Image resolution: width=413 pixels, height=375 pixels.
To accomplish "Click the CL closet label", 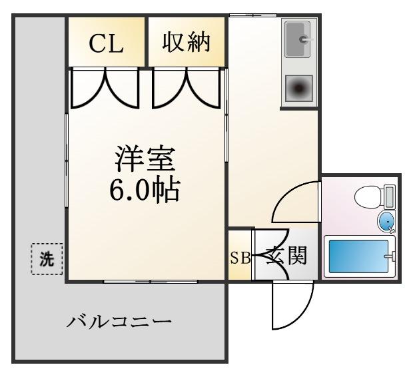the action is [x=107, y=43].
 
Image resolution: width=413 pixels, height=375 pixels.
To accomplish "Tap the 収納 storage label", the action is [x=187, y=42].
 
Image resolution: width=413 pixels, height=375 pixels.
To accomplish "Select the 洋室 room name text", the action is [x=145, y=159].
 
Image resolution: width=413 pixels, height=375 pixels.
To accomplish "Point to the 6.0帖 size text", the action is [x=145, y=190].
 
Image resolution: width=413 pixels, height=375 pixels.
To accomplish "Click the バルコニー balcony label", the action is [x=119, y=322].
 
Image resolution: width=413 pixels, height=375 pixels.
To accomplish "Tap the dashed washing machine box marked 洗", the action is [x=47, y=259].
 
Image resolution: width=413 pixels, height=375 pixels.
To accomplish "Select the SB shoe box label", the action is [x=240, y=258].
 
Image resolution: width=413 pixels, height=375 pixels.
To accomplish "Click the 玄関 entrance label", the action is [x=286, y=255].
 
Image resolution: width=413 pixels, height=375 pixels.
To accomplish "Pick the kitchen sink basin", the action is [x=298, y=39].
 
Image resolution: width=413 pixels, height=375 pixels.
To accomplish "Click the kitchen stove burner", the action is [x=299, y=89].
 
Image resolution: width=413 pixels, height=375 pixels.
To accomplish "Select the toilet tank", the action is [x=390, y=196].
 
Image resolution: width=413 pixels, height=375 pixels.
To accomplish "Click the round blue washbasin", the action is [x=386, y=222].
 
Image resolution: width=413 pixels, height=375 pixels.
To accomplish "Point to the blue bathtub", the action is [x=358, y=256].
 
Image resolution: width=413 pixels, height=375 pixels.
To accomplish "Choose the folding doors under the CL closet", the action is [x=105, y=88].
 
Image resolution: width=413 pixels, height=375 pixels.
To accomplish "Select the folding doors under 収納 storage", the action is [x=187, y=88].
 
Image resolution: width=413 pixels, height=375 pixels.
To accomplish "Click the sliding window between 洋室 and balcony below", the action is [x=151, y=282].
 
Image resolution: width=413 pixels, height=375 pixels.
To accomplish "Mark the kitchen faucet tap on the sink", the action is [x=306, y=39].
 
